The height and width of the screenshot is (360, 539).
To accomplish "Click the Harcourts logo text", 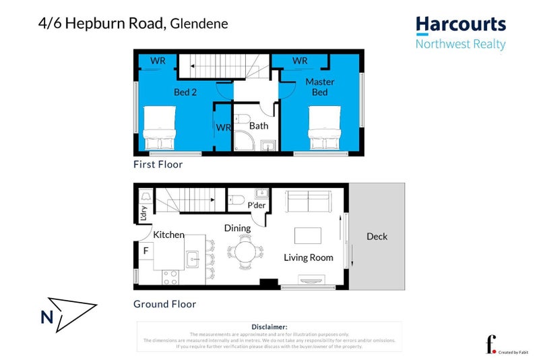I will (460, 25).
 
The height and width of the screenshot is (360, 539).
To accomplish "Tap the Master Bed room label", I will (319, 87).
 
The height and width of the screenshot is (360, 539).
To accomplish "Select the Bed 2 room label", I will (185, 92).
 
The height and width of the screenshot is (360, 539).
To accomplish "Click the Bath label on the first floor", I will (259, 125).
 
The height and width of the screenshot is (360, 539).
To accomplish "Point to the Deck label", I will (377, 237).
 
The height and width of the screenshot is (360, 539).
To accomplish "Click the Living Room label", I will (309, 257).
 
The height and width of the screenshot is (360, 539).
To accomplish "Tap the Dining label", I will (237, 228).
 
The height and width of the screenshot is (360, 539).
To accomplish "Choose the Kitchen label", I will (168, 235).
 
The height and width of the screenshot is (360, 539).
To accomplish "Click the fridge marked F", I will (145, 251).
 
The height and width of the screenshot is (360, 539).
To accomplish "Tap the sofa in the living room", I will (309, 201).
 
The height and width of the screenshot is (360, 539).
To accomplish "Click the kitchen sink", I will (193, 258).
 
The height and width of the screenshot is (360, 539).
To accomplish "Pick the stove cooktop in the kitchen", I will (169, 277).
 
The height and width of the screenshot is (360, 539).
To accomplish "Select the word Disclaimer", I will (269, 326).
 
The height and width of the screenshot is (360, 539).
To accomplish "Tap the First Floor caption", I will (158, 164).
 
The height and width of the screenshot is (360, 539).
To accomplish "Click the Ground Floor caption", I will (164, 304).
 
